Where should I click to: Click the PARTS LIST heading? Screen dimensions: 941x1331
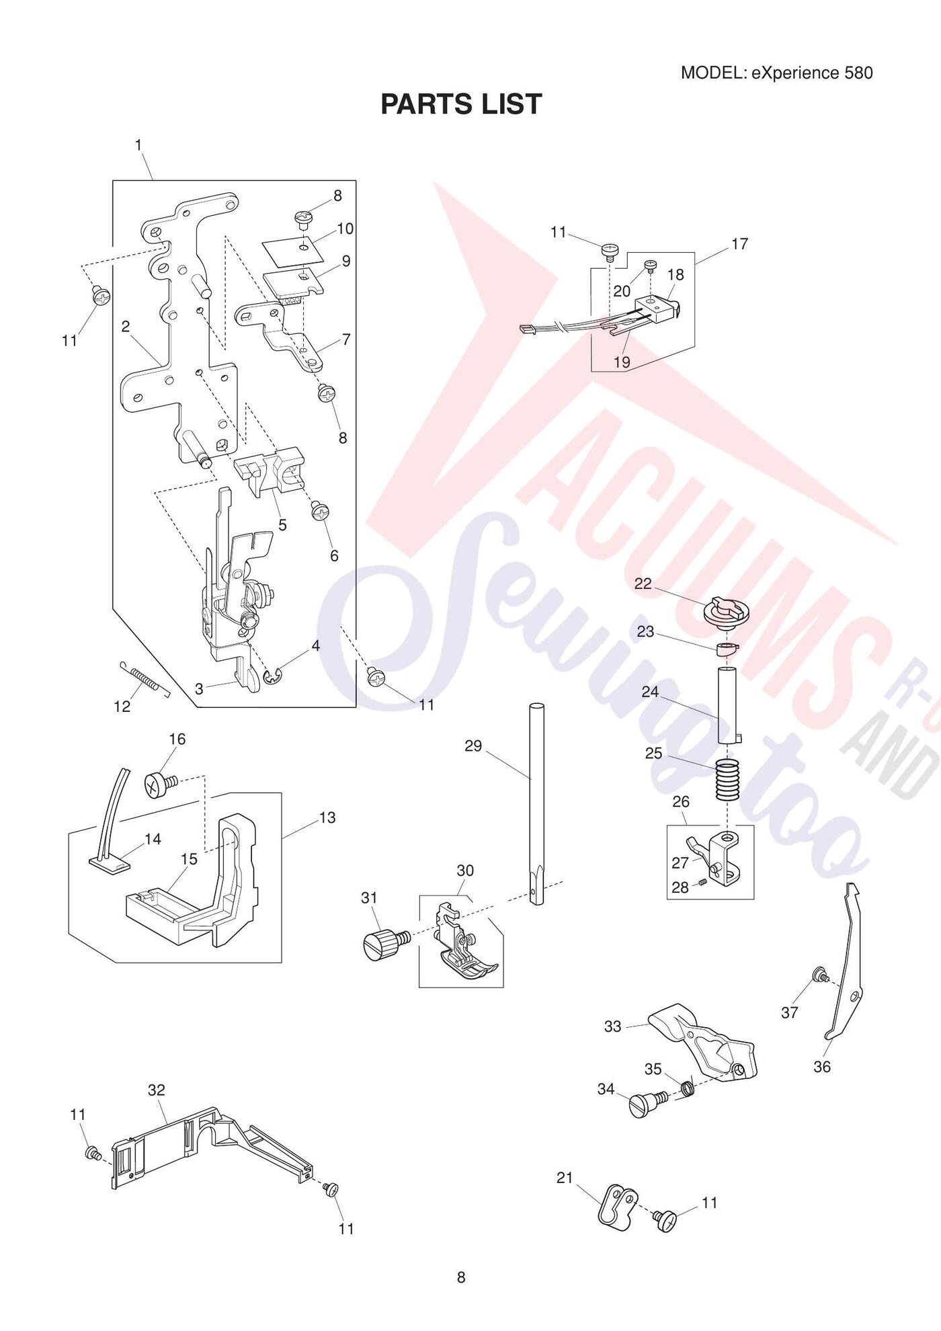click(461, 104)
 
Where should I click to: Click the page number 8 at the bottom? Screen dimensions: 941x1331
click(461, 1277)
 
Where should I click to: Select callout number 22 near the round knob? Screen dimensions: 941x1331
click(643, 583)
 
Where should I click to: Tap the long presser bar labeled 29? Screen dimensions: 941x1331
click(536, 804)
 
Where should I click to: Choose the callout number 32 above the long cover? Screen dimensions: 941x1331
click(156, 1090)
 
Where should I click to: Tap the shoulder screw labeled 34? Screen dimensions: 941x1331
click(647, 1104)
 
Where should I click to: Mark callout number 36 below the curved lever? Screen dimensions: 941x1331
click(822, 1066)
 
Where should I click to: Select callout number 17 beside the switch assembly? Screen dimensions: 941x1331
click(739, 243)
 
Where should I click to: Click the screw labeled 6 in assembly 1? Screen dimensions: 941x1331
click(321, 512)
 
